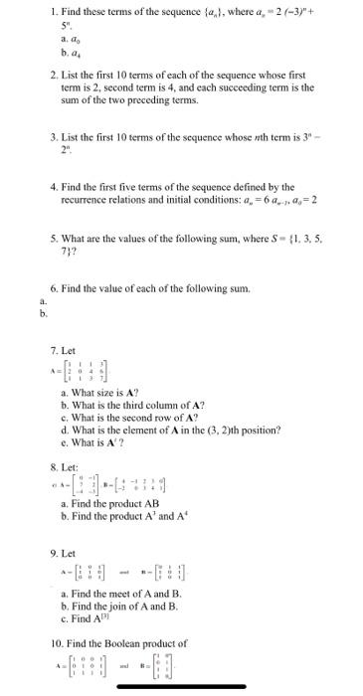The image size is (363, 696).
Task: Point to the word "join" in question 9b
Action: (x=115, y=606)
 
